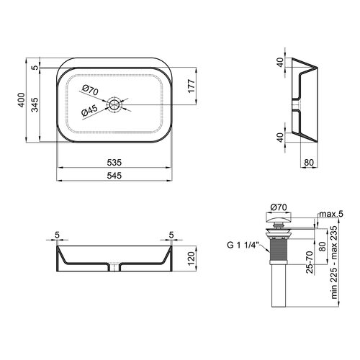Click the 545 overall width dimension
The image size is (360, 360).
tap(114, 176)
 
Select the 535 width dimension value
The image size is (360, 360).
tap(114, 163)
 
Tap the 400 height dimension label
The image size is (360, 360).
tap(22, 100)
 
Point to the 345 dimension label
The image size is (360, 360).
tap(35, 104)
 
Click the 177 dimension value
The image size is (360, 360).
tap(192, 86)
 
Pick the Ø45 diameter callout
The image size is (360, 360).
tap(89, 111)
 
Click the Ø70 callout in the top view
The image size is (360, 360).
tap(90, 90)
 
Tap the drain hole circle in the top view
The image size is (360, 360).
tap(114, 105)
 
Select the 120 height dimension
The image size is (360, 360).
tap(192, 258)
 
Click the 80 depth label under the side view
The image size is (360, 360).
tap(309, 163)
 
